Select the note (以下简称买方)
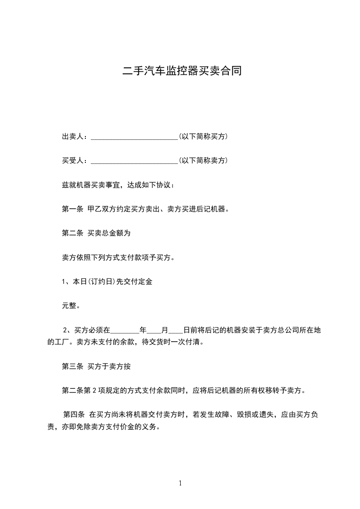pos(203,137)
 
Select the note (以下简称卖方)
pos(203,161)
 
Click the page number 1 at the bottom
pos(180,484)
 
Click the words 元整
pos(71,306)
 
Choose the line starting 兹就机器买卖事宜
pos(117,185)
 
